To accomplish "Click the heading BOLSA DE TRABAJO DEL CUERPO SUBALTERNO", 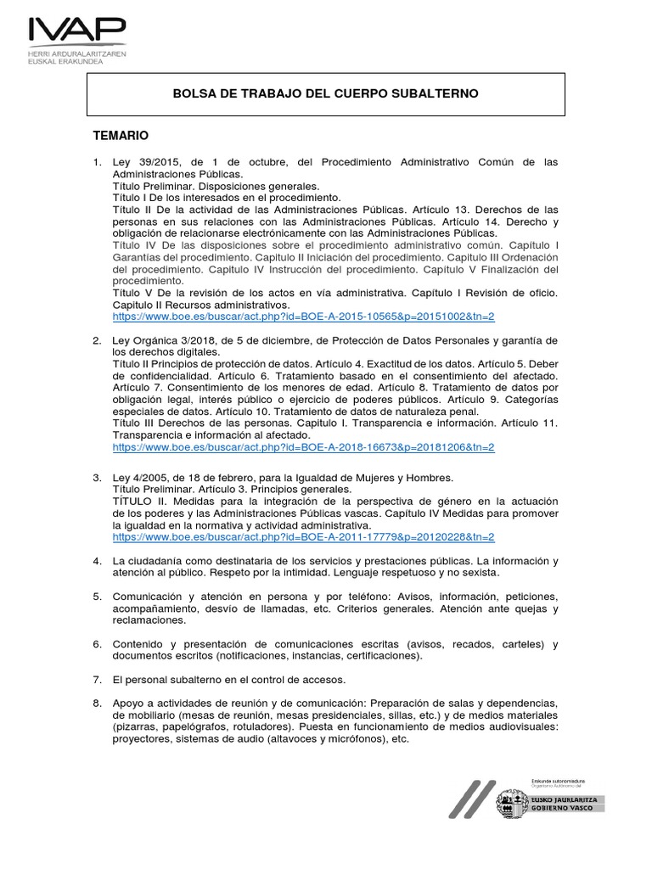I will coord(327,93).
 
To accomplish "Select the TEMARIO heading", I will coord(121,135).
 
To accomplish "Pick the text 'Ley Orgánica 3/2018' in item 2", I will coord(163,340).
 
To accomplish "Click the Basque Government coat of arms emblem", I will coord(510,801).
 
